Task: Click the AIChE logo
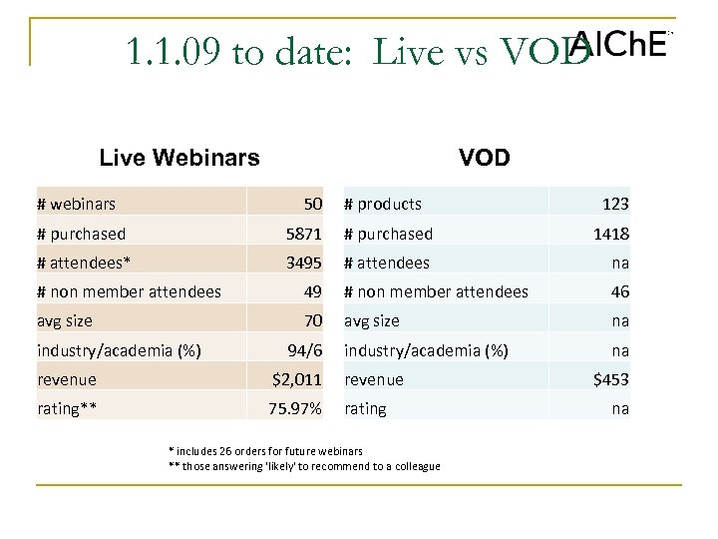pos(618,43)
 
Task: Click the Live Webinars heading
pos(179,158)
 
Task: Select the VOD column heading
pos(485,158)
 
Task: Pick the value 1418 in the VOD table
pos(609,234)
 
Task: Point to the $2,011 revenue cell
pos(297,379)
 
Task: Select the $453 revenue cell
pos(609,379)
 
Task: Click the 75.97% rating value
pos(295,408)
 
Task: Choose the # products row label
pos(383,204)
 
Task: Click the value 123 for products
pos(614,204)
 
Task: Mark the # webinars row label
pos(76,204)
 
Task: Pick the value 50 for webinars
pos(312,204)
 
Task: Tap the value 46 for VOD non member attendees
pos(619,291)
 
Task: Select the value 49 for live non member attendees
pos(312,291)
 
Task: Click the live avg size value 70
pos(312,321)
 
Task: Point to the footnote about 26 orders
pos(265,451)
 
